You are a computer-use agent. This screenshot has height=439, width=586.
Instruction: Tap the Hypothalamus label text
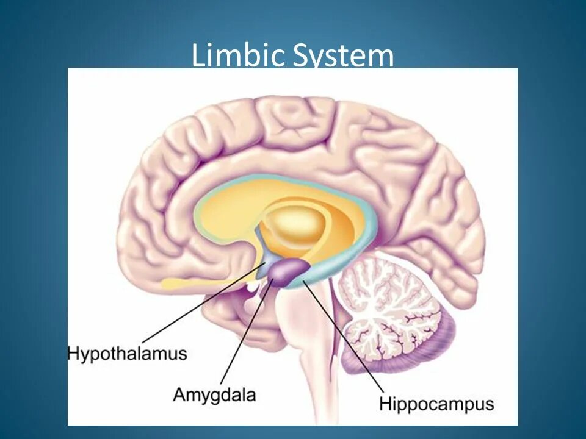click(x=127, y=354)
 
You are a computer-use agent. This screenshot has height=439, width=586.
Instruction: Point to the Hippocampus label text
click(x=436, y=404)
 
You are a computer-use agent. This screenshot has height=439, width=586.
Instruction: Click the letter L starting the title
click(x=197, y=55)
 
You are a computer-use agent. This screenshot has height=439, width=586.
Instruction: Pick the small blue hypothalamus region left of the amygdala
click(x=263, y=269)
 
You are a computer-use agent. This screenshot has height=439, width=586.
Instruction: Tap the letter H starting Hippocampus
click(x=385, y=403)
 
